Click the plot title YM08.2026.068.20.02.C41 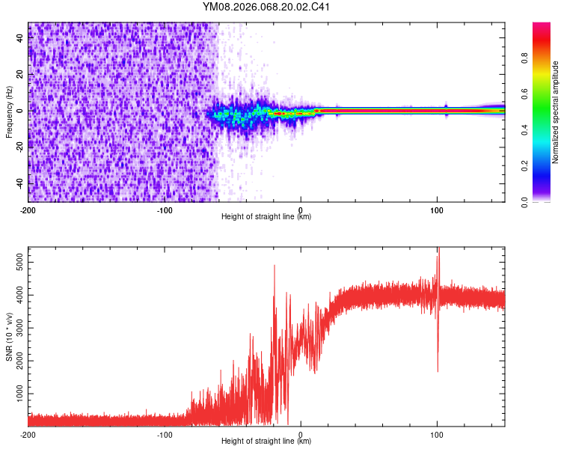266,7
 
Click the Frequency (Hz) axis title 9,112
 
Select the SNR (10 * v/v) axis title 9,337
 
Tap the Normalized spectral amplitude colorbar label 555,112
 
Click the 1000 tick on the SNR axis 16,394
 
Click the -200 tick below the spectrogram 28,210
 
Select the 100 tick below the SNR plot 437,434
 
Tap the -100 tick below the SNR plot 165,434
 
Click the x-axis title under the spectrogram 266,217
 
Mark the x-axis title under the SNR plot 266,442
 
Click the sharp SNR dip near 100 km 438,370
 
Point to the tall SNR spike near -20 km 275,266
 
